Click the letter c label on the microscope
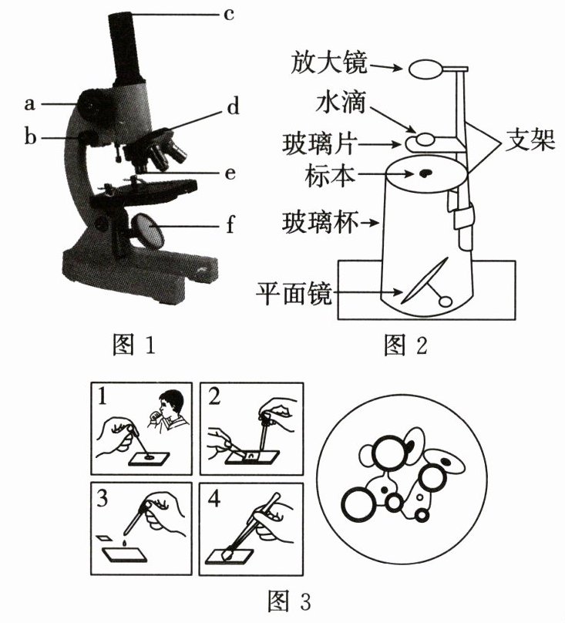pyautogui.click(x=228, y=13)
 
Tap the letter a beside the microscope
pyautogui.click(x=30, y=101)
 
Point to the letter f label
pyautogui.click(x=228, y=227)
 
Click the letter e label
pyautogui.click(x=228, y=173)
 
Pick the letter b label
pyautogui.click(x=30, y=138)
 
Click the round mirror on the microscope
pyautogui.click(x=146, y=231)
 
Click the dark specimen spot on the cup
pyautogui.click(x=425, y=175)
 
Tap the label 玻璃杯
pyautogui.click(x=324, y=224)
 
